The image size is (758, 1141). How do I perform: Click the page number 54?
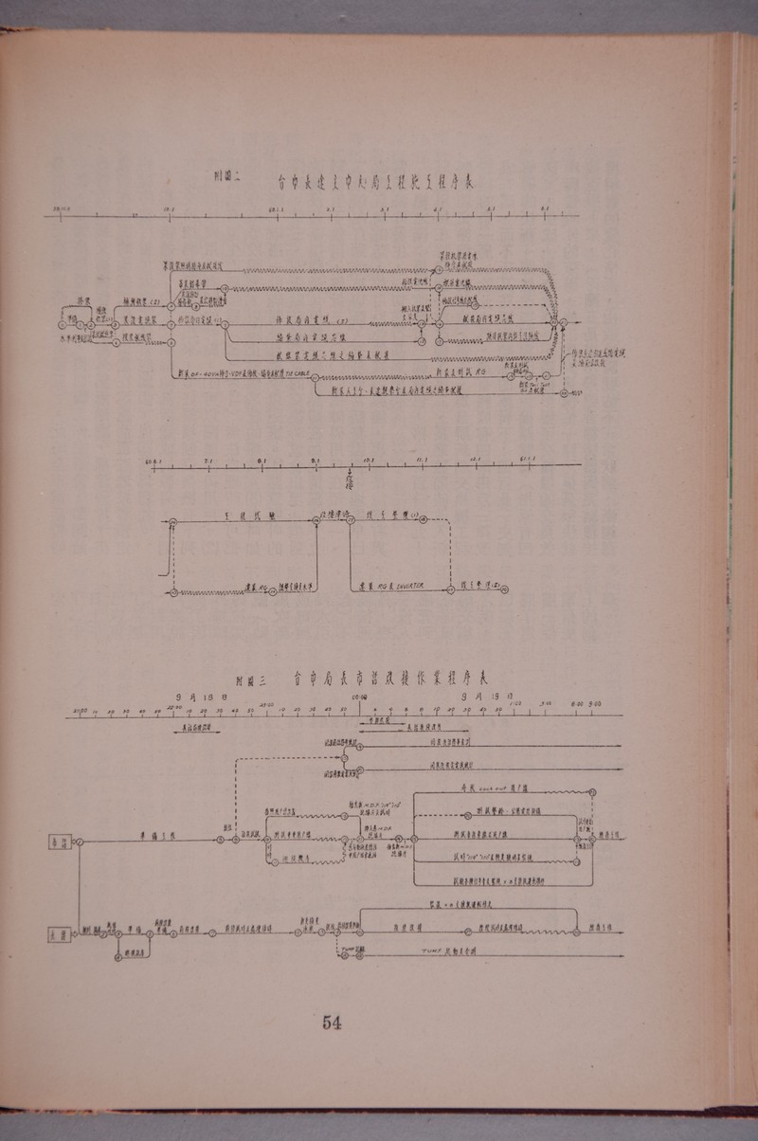point(332,1022)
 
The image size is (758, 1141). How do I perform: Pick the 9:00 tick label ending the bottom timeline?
point(594,705)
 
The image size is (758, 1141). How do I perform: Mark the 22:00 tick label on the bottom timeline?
point(173,706)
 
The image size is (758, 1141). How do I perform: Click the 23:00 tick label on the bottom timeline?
point(267,706)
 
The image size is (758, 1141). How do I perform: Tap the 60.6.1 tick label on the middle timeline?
point(154,462)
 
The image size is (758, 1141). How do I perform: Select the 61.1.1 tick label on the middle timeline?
point(528,461)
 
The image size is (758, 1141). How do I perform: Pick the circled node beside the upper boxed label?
point(81,840)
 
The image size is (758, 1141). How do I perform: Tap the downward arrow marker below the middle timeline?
point(351,477)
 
